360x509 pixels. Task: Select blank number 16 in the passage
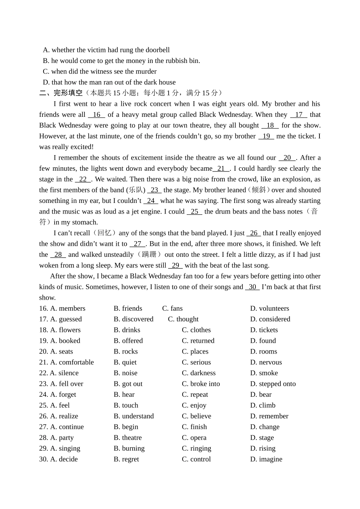pyautogui.click(x=97, y=115)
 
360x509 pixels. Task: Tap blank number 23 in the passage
pyautogui.click(x=154, y=190)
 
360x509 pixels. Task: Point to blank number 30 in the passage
pyautogui.click(x=252, y=287)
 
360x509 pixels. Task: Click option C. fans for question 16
pyautogui.click(x=172, y=308)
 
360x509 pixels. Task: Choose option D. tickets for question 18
pyautogui.click(x=264, y=330)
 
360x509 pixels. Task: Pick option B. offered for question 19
pyautogui.click(x=128, y=341)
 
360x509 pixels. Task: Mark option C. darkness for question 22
pyautogui.click(x=199, y=373)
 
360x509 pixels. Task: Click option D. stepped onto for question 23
pyautogui.click(x=273, y=384)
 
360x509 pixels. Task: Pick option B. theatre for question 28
pyautogui.click(x=128, y=438)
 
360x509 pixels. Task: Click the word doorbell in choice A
pyautogui.click(x=157, y=50)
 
